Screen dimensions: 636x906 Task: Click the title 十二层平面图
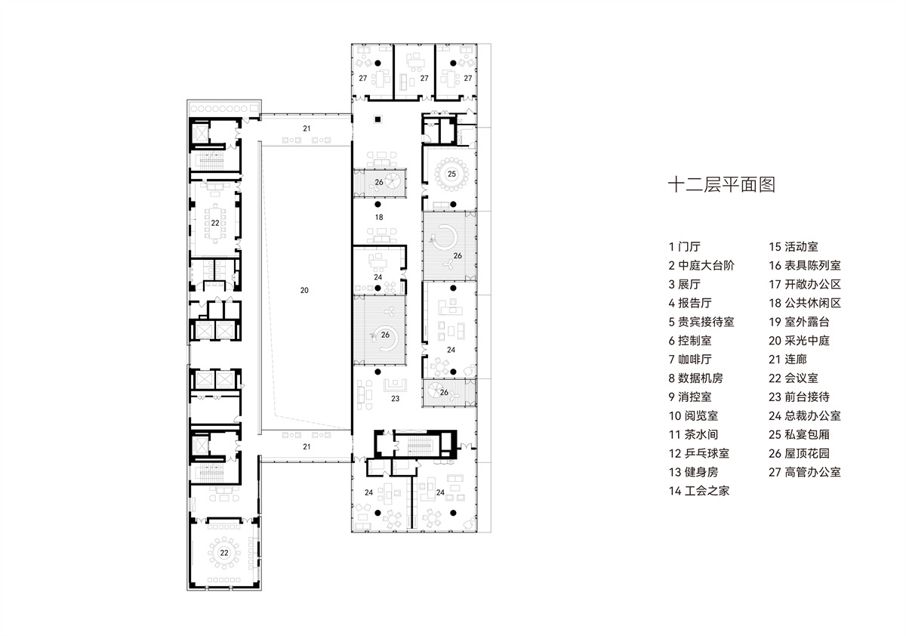pos(723,185)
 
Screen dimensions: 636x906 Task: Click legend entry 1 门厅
pos(685,246)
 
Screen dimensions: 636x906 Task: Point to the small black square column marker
pos(377,119)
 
